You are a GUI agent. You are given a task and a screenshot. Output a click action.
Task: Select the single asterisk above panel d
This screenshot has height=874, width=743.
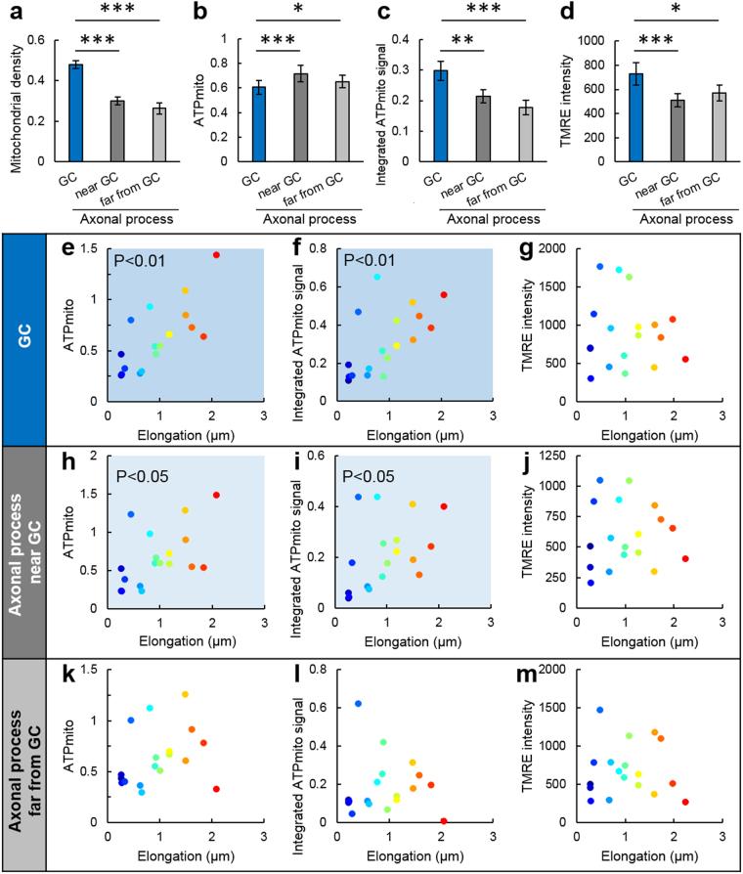(x=677, y=9)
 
